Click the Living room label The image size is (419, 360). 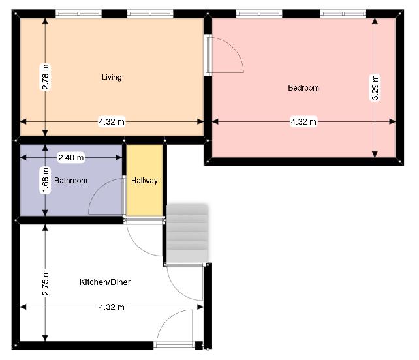click(x=112, y=77)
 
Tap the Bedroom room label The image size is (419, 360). click(x=303, y=88)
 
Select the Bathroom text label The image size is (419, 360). click(x=70, y=181)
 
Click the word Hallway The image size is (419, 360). click(x=144, y=181)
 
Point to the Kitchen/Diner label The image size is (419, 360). click(x=105, y=282)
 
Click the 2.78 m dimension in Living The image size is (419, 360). click(x=46, y=77)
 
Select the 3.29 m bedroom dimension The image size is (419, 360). click(x=375, y=87)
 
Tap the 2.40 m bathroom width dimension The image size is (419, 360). click(x=71, y=158)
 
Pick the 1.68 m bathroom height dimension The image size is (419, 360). click(x=46, y=180)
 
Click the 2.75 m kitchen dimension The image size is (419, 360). click(x=46, y=283)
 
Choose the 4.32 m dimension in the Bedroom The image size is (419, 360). click(x=303, y=122)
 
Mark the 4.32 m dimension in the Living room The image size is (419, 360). click(x=112, y=122)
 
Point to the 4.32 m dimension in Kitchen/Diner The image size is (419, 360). click(x=112, y=307)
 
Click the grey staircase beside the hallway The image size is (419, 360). click(x=187, y=233)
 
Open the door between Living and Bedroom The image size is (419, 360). click(x=225, y=55)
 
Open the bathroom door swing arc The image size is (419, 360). click(x=106, y=196)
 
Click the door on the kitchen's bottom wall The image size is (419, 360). click(x=174, y=329)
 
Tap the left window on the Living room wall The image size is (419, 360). click(x=78, y=14)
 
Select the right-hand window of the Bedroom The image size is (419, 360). click(x=343, y=14)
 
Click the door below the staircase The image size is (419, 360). click(x=185, y=282)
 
